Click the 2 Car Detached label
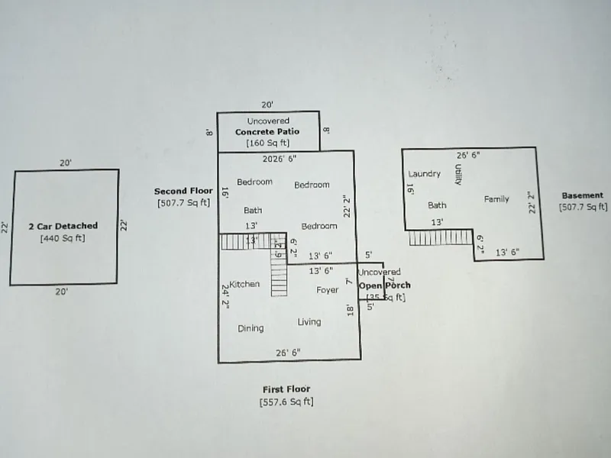[x=63, y=226]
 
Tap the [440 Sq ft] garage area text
[x=63, y=238]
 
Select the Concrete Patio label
[x=267, y=132]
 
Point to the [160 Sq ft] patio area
[x=267, y=143]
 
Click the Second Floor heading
[x=183, y=191]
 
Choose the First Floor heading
[x=286, y=389]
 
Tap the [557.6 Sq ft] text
[x=286, y=402]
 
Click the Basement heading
[x=583, y=195]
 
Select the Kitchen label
[x=244, y=284]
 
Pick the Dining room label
[x=251, y=328]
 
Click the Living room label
[x=309, y=322]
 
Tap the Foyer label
[x=328, y=290]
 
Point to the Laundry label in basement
[x=425, y=174]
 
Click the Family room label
[x=496, y=199]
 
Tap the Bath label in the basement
[x=437, y=205]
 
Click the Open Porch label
[x=385, y=285]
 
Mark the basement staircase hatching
[x=439, y=238]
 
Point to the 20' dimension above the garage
[x=65, y=163]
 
